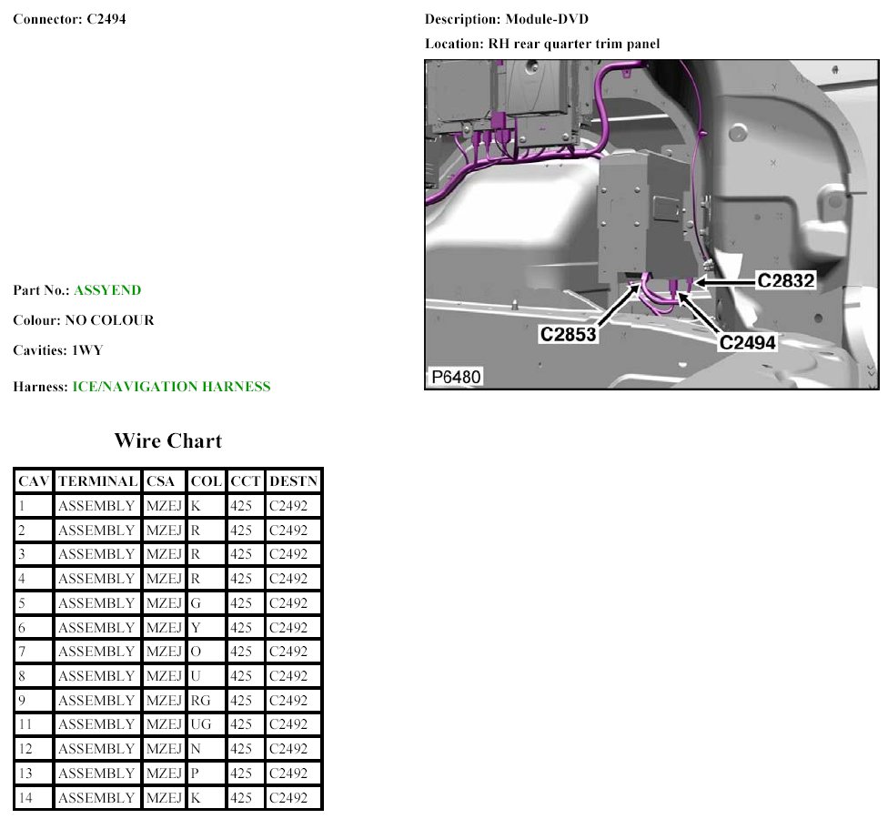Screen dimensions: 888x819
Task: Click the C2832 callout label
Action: (785, 280)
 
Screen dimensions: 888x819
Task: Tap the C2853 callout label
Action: (568, 334)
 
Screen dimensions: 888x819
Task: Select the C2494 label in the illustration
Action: (748, 343)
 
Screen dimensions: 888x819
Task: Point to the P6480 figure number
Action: (456, 378)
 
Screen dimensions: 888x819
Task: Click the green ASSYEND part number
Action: (107, 290)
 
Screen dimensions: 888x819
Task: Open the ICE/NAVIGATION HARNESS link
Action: (172, 386)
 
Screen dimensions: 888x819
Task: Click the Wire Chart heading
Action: (168, 440)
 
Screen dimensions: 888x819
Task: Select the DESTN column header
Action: (293, 481)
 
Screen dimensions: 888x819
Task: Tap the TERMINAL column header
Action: (98, 481)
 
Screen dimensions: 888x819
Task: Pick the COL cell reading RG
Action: (200, 701)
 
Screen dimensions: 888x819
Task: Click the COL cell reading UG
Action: (200, 724)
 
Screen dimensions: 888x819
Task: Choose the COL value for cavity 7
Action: (196, 652)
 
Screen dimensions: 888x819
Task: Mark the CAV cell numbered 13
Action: (25, 773)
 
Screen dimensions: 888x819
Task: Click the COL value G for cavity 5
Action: (196, 603)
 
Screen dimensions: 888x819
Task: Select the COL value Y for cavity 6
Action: (196, 628)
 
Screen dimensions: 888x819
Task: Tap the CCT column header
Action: (245, 481)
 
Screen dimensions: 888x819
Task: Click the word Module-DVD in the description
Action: (547, 19)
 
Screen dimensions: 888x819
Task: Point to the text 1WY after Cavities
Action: (87, 350)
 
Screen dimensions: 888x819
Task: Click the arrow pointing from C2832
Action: (725, 281)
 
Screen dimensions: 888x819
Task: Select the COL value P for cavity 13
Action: (195, 773)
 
